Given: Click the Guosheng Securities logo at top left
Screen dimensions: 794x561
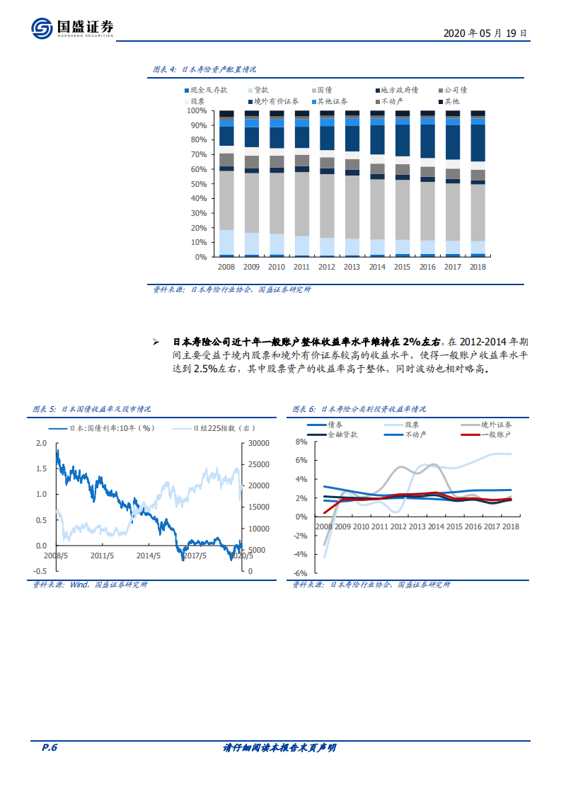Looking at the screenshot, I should coord(73,28).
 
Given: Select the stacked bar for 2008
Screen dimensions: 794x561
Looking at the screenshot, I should coord(226,184).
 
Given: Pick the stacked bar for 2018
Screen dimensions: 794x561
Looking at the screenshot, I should coord(478,184).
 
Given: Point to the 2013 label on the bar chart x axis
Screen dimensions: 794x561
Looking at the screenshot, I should coord(352,267).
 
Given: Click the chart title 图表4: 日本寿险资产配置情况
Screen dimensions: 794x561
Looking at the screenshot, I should coord(204,70).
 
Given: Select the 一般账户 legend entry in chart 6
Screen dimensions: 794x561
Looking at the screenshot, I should coord(496,435).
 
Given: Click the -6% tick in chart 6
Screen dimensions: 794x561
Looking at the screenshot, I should coord(301,573).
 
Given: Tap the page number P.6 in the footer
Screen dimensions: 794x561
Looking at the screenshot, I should coord(49,748).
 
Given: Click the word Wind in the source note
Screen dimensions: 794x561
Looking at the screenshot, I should coord(78,585).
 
